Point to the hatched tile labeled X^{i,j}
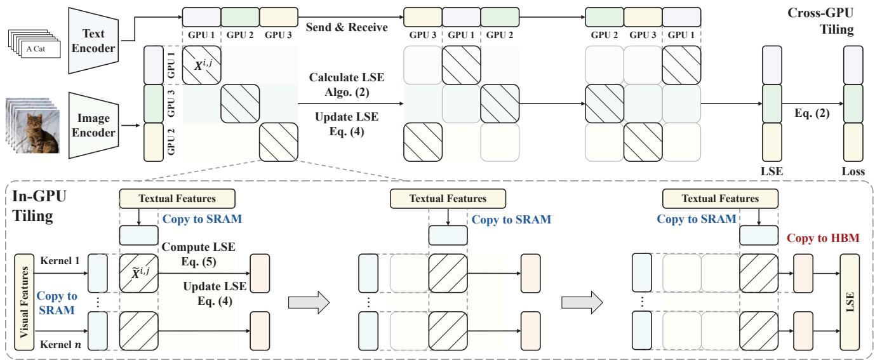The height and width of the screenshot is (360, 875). (201, 65)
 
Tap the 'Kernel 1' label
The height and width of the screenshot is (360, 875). (58, 262)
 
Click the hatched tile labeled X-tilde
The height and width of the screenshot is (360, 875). (138, 275)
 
